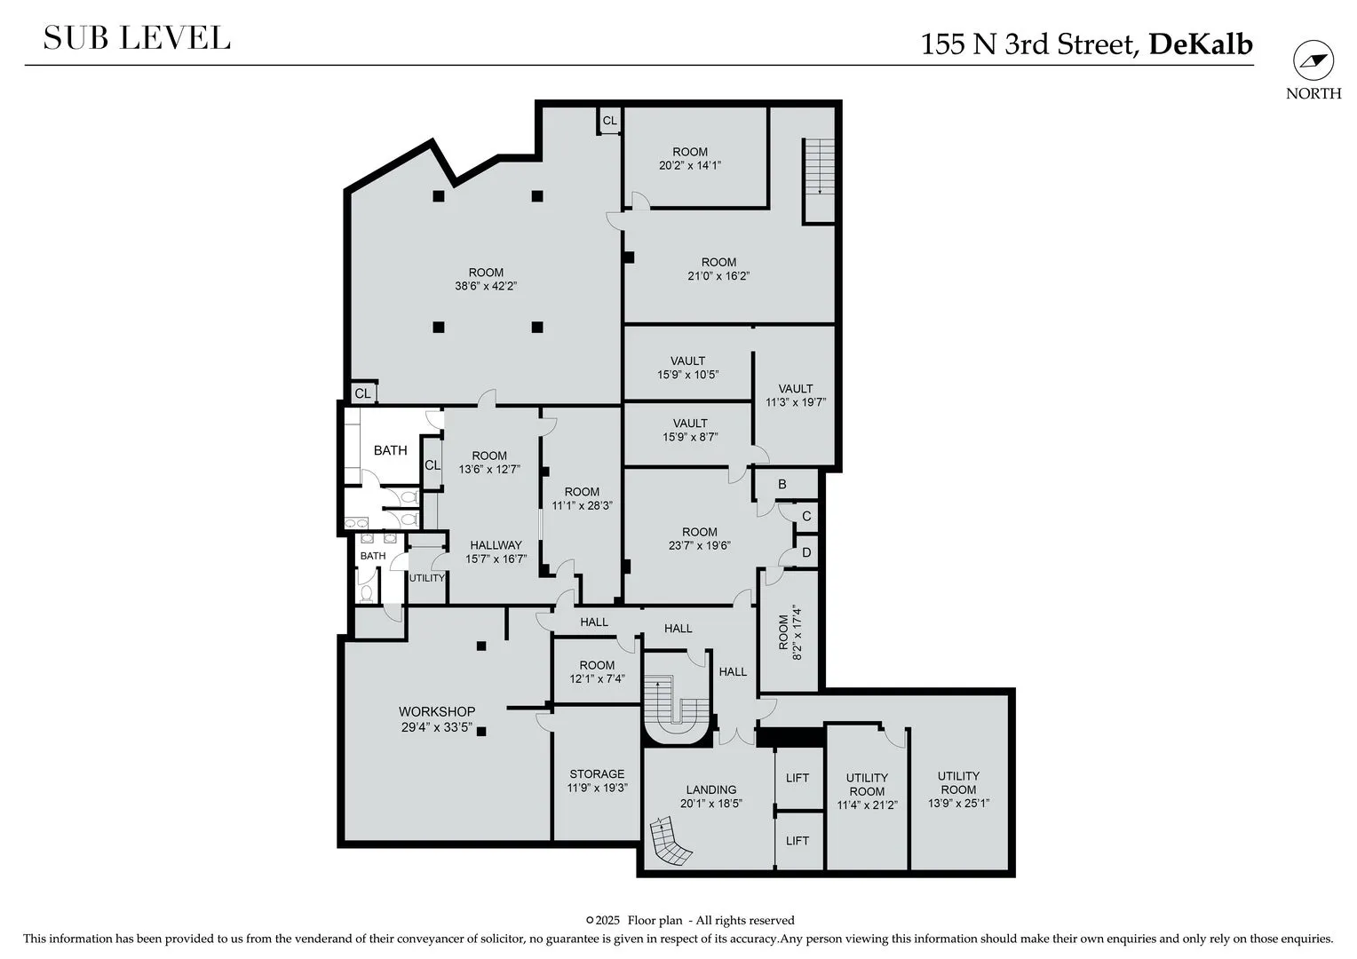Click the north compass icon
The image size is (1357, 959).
click(x=1313, y=60)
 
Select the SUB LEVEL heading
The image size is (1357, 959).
click(x=137, y=38)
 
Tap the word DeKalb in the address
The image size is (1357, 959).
click(x=1201, y=44)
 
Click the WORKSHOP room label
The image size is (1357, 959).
click(x=437, y=711)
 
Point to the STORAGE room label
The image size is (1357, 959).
click(x=597, y=773)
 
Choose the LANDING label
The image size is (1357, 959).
click(x=711, y=789)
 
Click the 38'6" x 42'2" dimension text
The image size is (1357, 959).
click(x=486, y=286)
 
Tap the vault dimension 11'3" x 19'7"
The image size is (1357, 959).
click(x=796, y=402)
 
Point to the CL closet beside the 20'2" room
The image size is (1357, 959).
click(x=609, y=121)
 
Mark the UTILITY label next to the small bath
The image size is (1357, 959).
click(x=427, y=578)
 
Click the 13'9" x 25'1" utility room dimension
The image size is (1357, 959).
click(x=958, y=804)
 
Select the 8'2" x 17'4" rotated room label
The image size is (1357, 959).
click(x=790, y=632)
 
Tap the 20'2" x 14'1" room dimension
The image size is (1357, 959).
click(x=690, y=165)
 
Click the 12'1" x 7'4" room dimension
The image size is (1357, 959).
click(x=597, y=679)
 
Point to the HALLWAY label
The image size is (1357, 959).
click(x=496, y=545)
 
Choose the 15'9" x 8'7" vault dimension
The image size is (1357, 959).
click(x=690, y=437)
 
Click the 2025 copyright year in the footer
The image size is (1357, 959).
click(x=607, y=921)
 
